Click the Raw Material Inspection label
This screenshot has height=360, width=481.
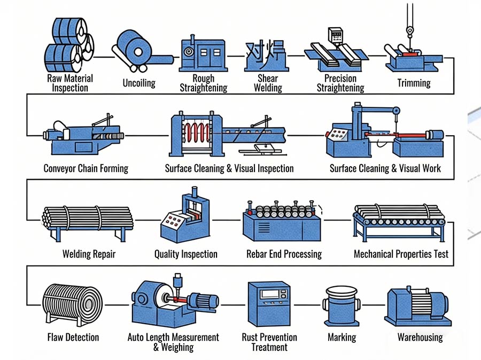pyautogui.click(x=70, y=83)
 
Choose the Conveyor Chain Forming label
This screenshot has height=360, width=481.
pyautogui.click(x=86, y=169)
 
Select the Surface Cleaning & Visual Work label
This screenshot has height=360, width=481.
pyautogui.click(x=385, y=169)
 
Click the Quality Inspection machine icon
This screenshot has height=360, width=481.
pyautogui.click(x=184, y=220)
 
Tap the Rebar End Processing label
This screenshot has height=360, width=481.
pyautogui.click(x=284, y=254)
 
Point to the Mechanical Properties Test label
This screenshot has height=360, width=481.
pyautogui.click(x=401, y=254)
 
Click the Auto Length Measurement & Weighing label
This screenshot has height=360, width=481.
pyautogui.click(x=173, y=342)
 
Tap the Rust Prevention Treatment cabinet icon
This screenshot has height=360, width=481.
pyautogui.click(x=269, y=304)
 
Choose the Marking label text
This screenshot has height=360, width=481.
pyautogui.click(x=342, y=338)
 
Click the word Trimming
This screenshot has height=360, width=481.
pyautogui.click(x=414, y=83)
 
